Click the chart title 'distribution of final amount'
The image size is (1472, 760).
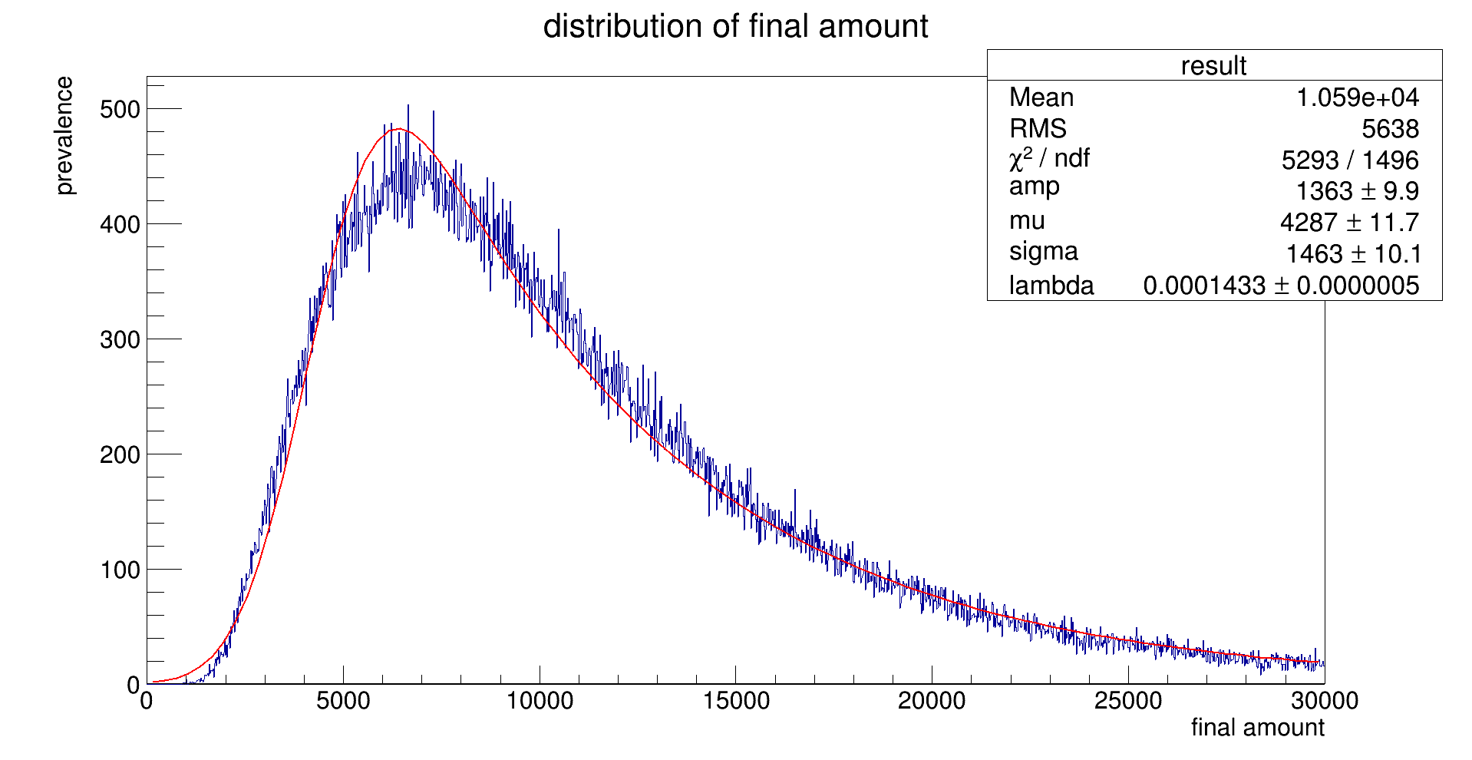coord(735,27)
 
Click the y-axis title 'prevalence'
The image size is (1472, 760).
coord(64,136)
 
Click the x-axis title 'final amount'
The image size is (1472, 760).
coord(1257,727)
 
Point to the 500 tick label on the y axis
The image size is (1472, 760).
coord(120,110)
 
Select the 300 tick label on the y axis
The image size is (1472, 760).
coord(120,339)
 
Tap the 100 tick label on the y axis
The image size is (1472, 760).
coord(120,570)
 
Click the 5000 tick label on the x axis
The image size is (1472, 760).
coord(343,701)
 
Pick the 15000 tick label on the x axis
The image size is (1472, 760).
coord(735,701)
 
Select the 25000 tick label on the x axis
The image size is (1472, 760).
coord(1128,701)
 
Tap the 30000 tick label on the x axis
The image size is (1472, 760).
coord(1324,701)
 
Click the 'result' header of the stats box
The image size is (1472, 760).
coord(1213,66)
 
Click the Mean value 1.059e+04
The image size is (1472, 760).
coord(1357,97)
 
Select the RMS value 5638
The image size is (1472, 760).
coord(1390,129)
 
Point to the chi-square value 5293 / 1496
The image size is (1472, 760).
coord(1349,160)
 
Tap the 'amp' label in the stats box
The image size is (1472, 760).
coord(1034,187)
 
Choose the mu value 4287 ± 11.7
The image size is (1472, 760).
coord(1349,223)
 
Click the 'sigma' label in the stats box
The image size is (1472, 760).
coord(1043,251)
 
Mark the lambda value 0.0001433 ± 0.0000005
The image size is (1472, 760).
coord(1280,286)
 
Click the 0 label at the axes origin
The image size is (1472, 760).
coord(134,685)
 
